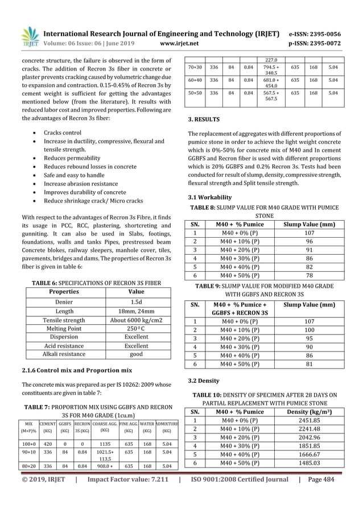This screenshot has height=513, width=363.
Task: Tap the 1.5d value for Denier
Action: [136, 302]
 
